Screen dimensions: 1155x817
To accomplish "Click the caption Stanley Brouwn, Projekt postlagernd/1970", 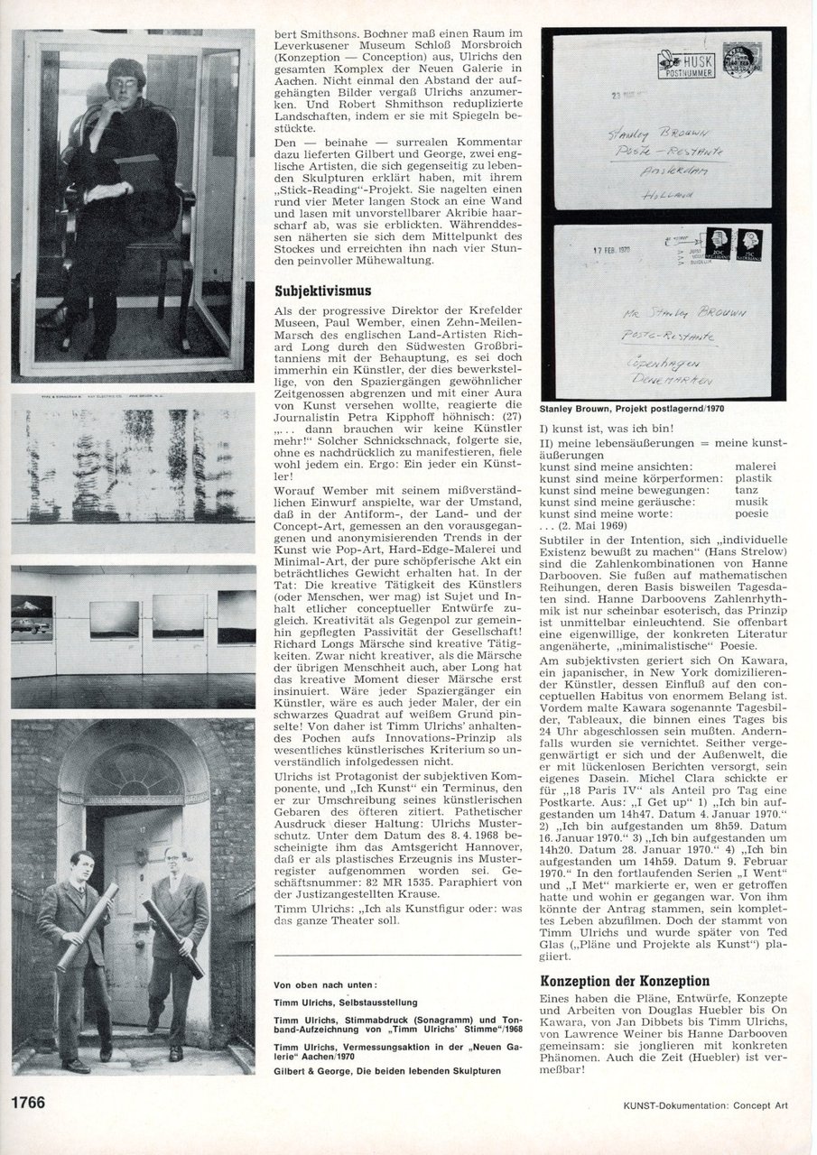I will tap(635, 409).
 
